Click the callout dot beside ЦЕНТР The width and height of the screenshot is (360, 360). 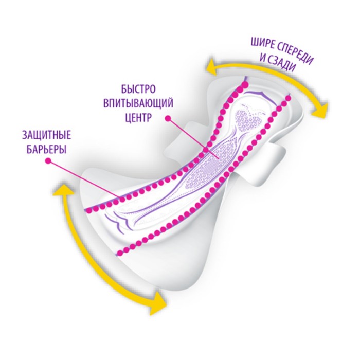click(x=168, y=118)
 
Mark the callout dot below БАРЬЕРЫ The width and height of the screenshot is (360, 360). click(x=48, y=161)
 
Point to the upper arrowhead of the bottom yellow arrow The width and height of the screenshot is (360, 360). click(x=64, y=191)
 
